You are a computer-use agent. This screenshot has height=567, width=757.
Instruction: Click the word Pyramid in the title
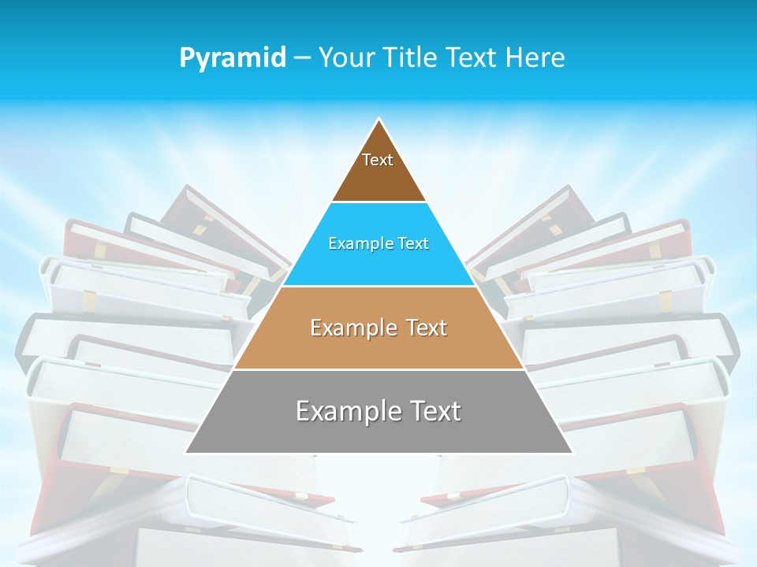232,58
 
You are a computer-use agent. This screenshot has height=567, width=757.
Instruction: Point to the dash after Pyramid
302,58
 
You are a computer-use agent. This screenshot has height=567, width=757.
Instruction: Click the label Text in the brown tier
378,160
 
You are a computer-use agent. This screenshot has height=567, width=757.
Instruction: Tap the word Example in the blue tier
359,243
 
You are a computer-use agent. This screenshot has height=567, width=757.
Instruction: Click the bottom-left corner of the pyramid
186,452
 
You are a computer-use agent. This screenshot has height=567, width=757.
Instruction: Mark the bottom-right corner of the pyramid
572,452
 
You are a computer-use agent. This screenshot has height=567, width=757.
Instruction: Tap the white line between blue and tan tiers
378,286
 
